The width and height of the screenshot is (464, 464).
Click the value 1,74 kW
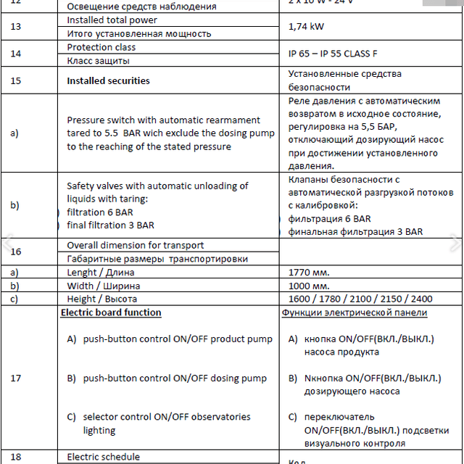(x=310, y=27)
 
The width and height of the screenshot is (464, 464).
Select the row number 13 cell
(x=16, y=27)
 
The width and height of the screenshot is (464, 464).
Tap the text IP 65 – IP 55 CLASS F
(x=333, y=54)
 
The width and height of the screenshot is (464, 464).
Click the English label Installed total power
(x=112, y=20)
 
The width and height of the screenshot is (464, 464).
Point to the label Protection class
(x=101, y=47)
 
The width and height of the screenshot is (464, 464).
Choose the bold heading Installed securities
(x=108, y=80)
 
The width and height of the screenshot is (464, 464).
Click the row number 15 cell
(x=16, y=80)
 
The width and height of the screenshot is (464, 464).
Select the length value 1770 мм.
(x=309, y=273)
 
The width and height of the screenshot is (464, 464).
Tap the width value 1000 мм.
(x=309, y=286)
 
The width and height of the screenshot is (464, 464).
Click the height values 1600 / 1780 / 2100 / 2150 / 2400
(x=360, y=299)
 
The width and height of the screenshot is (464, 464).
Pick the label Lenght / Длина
(x=101, y=273)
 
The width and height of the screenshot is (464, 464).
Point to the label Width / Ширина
(x=104, y=286)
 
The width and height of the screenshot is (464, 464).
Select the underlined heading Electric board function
(x=111, y=312)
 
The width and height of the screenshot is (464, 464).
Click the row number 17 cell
(x=16, y=378)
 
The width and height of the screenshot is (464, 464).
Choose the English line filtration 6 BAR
(x=100, y=212)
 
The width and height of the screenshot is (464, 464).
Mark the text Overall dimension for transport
(x=136, y=245)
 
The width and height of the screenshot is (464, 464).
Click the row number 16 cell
(x=16, y=252)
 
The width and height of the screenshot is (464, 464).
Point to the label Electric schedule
(x=104, y=457)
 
